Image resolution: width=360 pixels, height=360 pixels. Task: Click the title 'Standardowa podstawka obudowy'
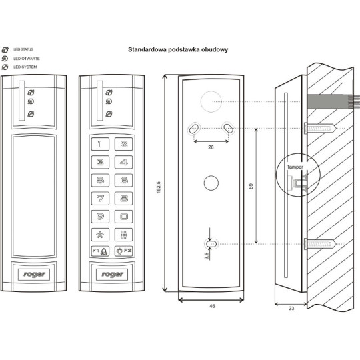pyautogui.click(x=178, y=50)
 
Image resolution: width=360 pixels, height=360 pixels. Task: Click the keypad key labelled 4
pyautogui.click(x=123, y=161)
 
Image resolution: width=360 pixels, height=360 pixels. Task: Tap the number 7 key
pyautogui.click(x=101, y=198)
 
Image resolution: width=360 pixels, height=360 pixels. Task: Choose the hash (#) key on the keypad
pyautogui.click(x=123, y=235)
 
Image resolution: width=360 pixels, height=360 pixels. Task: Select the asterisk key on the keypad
pyautogui.click(x=101, y=235)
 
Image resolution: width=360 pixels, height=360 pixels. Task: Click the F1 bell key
pyautogui.click(x=101, y=252)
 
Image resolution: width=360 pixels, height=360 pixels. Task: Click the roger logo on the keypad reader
pyautogui.click(x=111, y=273)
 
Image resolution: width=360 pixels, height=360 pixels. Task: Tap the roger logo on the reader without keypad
pyautogui.click(x=34, y=273)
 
